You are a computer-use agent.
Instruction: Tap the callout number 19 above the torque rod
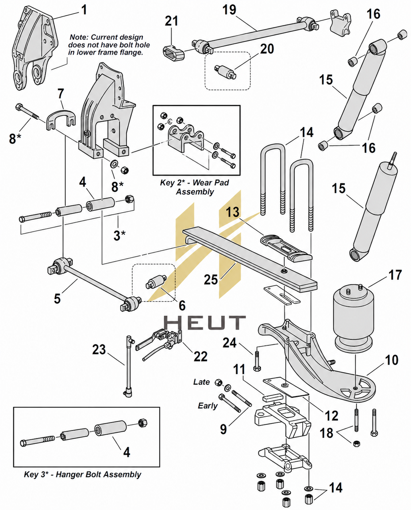click(229, 10)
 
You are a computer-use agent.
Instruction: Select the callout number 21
click(171, 21)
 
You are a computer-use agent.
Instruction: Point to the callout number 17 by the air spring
click(395, 275)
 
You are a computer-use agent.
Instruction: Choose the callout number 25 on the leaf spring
click(211, 280)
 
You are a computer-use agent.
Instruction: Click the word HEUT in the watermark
click(205, 322)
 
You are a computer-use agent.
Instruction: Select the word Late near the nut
click(201, 382)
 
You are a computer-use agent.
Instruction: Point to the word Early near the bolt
click(208, 406)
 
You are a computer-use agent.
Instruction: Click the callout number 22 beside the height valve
click(200, 356)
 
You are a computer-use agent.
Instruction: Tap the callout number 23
click(99, 350)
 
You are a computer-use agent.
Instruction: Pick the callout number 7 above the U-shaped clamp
click(61, 93)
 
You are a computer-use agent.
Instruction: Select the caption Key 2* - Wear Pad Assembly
click(195, 187)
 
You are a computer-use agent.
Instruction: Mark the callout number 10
click(392, 360)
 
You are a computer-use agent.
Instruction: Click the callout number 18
click(326, 433)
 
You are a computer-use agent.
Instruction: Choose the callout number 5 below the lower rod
click(57, 298)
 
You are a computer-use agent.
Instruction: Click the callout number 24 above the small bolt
click(230, 343)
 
